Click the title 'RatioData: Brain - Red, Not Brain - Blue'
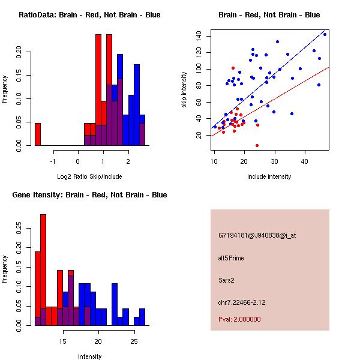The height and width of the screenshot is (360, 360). click(x=89, y=15)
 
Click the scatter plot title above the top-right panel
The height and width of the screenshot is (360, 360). click(x=269, y=15)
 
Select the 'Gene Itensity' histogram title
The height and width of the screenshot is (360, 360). click(x=89, y=195)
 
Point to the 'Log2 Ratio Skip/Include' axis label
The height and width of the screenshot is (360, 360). click(x=89, y=176)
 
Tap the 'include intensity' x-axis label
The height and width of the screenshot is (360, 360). click(x=269, y=176)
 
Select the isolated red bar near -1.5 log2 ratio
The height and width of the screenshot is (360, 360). click(x=38, y=134)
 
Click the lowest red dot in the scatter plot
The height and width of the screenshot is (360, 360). click(x=257, y=145)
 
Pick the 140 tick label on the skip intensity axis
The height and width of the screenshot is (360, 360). click(x=199, y=36)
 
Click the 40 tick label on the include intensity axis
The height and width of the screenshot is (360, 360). click(x=305, y=161)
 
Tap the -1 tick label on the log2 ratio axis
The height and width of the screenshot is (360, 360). click(x=53, y=161)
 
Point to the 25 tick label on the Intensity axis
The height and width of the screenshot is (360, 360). click(x=134, y=341)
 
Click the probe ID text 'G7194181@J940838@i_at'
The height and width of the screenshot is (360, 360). click(x=257, y=235)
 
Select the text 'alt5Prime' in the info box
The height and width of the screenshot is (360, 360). click(x=231, y=258)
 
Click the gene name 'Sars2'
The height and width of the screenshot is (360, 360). click(x=226, y=280)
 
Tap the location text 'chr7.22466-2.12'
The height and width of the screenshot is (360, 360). click(x=242, y=301)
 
